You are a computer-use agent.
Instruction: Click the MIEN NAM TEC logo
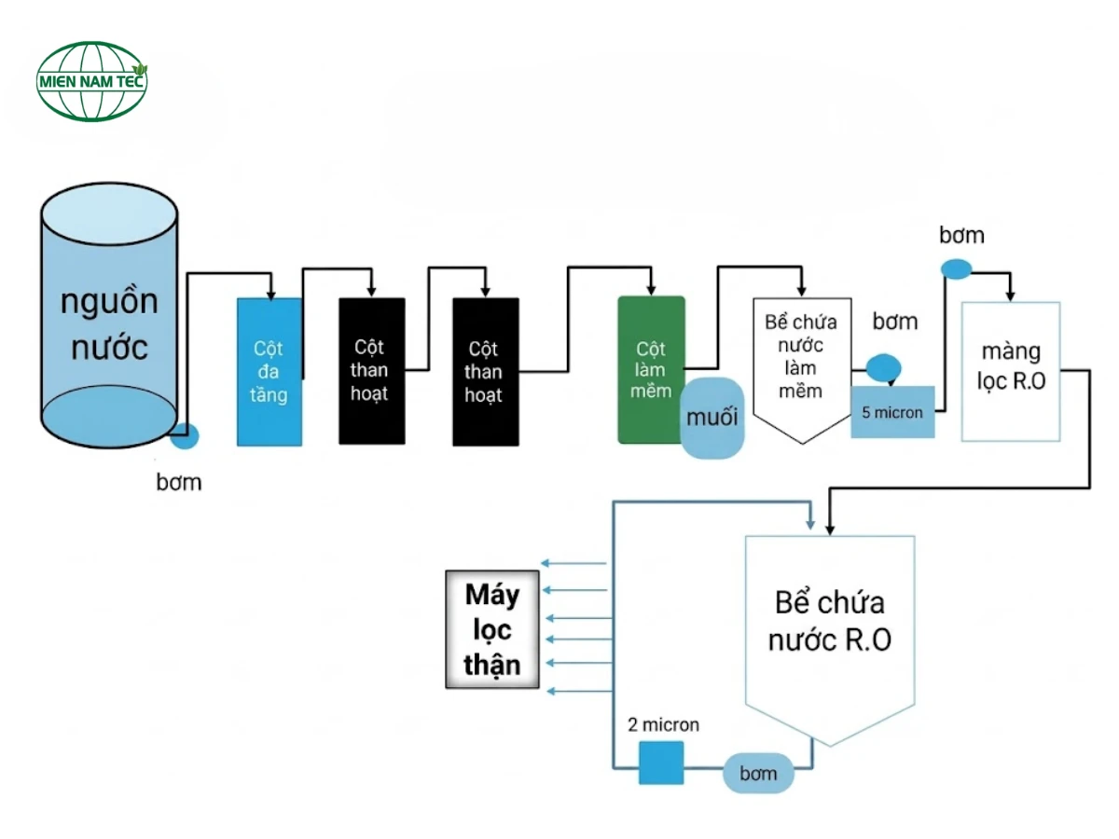click(x=91, y=81)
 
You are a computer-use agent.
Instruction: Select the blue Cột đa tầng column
click(x=269, y=372)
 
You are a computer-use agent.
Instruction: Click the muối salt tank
click(x=713, y=417)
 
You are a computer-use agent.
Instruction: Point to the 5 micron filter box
click(x=891, y=411)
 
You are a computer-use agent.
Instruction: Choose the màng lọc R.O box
click(x=1010, y=371)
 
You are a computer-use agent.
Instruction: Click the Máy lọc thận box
click(x=492, y=629)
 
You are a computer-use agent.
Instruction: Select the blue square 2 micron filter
click(x=661, y=763)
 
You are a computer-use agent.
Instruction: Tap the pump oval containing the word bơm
click(x=759, y=773)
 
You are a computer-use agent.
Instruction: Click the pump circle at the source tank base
click(x=186, y=434)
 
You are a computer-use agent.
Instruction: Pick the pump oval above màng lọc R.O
click(x=956, y=269)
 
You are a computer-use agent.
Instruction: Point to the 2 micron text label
click(x=663, y=724)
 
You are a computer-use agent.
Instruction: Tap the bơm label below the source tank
click(x=178, y=483)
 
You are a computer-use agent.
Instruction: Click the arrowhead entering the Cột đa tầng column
click(x=270, y=292)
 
